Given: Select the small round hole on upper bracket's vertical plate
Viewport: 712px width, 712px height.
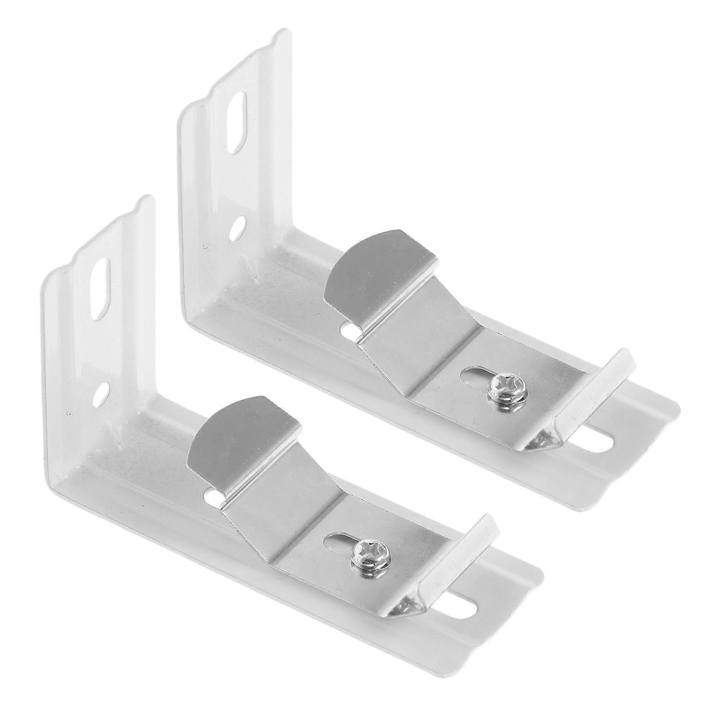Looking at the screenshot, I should coord(238,225).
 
